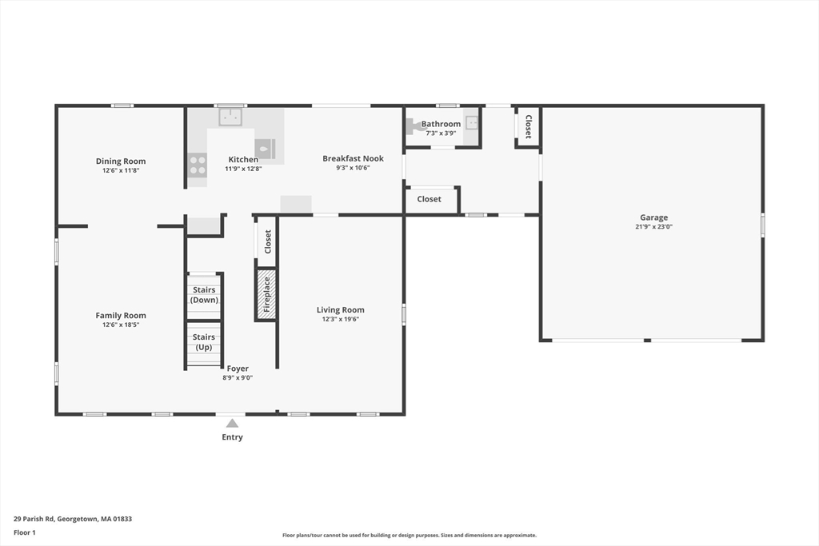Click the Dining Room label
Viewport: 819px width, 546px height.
121,161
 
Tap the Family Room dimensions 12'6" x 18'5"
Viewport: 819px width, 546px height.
121,325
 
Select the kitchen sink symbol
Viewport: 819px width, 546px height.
230,118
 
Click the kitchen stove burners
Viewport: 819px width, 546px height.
198,165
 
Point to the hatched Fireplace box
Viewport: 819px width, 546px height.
266,294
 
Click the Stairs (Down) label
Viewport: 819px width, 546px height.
204,295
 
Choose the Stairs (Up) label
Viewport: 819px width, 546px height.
204,342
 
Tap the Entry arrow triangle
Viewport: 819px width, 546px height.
233,423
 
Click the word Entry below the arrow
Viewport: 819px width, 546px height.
233,437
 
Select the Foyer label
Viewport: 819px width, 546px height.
238,369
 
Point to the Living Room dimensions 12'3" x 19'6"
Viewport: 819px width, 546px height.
341,319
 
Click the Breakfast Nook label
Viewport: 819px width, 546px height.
353,158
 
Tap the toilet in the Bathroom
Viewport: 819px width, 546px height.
413,126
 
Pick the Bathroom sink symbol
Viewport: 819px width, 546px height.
472,122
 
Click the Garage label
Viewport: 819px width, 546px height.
654,217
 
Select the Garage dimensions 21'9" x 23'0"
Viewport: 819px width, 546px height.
654,226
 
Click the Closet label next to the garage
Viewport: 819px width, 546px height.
528,127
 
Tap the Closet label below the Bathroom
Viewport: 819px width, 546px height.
429,199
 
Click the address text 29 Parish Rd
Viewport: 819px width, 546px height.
34,519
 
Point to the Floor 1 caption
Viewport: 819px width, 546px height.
25,533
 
